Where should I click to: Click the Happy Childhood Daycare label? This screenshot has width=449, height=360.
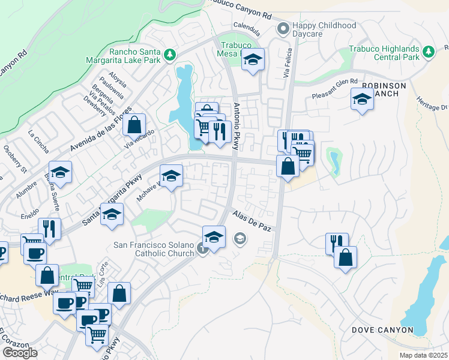(x=324, y=31)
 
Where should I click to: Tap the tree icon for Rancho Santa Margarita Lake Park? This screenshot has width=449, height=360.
(x=170, y=55)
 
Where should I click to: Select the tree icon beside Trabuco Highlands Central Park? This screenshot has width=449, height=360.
(x=428, y=53)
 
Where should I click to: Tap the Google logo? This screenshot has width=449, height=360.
(x=20, y=352)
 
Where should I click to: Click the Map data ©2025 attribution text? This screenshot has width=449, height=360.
(x=423, y=355)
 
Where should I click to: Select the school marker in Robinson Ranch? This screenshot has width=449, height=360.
(x=362, y=100)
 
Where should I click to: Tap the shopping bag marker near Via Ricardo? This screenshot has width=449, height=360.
(x=134, y=125)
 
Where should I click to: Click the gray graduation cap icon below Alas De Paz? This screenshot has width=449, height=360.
(x=240, y=239)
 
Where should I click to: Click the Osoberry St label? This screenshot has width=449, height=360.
(x=15, y=158)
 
